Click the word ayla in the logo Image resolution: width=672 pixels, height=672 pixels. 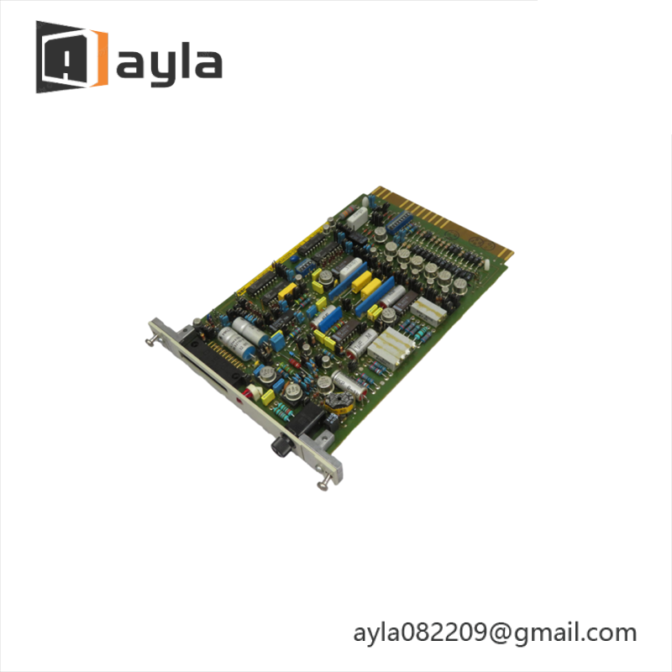point(169,62)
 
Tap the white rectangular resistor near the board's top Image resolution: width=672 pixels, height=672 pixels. point(357,217)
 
